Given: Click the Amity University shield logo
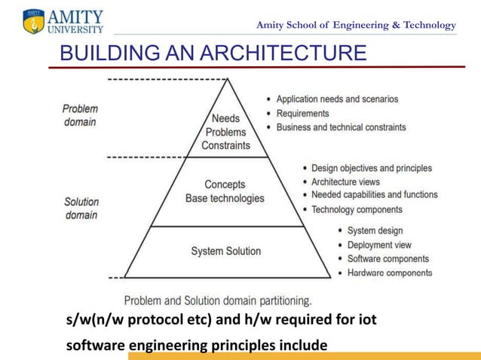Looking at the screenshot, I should (34, 22).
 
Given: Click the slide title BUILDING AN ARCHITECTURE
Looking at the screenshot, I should (213, 53).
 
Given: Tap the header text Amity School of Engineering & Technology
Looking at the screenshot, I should (356, 25).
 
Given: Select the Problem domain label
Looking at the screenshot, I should (80, 115).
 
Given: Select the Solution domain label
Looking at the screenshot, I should (81, 208).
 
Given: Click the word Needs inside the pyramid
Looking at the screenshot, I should (225, 118).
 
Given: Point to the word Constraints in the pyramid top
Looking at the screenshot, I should (225, 145).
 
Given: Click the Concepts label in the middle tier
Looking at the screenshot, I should (225, 185).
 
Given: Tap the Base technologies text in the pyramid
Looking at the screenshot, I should (225, 198).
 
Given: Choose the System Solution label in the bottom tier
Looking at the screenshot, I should (225, 251).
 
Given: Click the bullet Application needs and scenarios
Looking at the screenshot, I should (337, 99).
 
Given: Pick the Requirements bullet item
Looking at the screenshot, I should (302, 113).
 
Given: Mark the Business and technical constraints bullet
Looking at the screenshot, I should (341, 127).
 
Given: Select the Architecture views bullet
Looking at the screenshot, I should (345, 182).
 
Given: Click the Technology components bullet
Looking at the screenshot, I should (357, 209).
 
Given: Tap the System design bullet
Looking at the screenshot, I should (375, 230).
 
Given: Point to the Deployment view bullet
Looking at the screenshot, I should (379, 245).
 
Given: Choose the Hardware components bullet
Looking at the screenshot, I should (390, 273).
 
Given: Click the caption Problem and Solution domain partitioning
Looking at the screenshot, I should (217, 300).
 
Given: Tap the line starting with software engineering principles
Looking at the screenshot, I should (197, 346).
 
